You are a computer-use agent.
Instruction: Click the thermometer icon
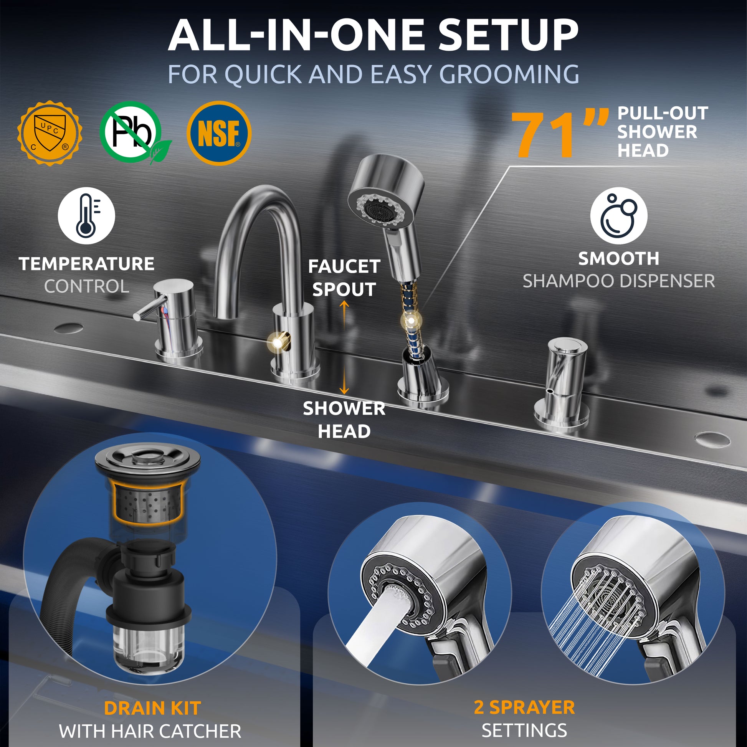click(x=86, y=215)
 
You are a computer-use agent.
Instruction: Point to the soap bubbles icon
click(x=619, y=215)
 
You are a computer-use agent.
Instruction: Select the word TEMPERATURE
click(x=87, y=264)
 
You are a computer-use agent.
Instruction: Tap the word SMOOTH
click(x=619, y=259)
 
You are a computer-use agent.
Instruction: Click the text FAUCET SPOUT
click(x=344, y=278)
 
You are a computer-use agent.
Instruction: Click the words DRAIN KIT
click(x=152, y=708)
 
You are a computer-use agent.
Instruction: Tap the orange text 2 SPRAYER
click(x=524, y=707)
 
